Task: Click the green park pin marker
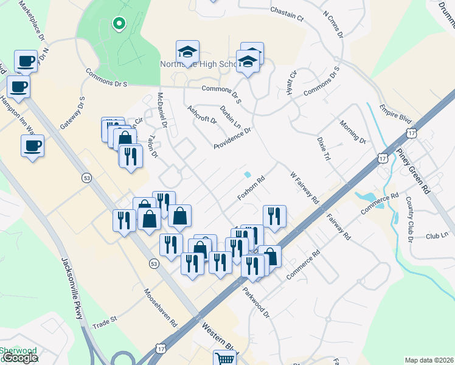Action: coord(119,24)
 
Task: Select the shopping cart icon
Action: coord(224,358)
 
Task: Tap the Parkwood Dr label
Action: coord(258,302)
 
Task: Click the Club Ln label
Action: coord(436,235)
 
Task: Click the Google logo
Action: coord(20,358)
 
